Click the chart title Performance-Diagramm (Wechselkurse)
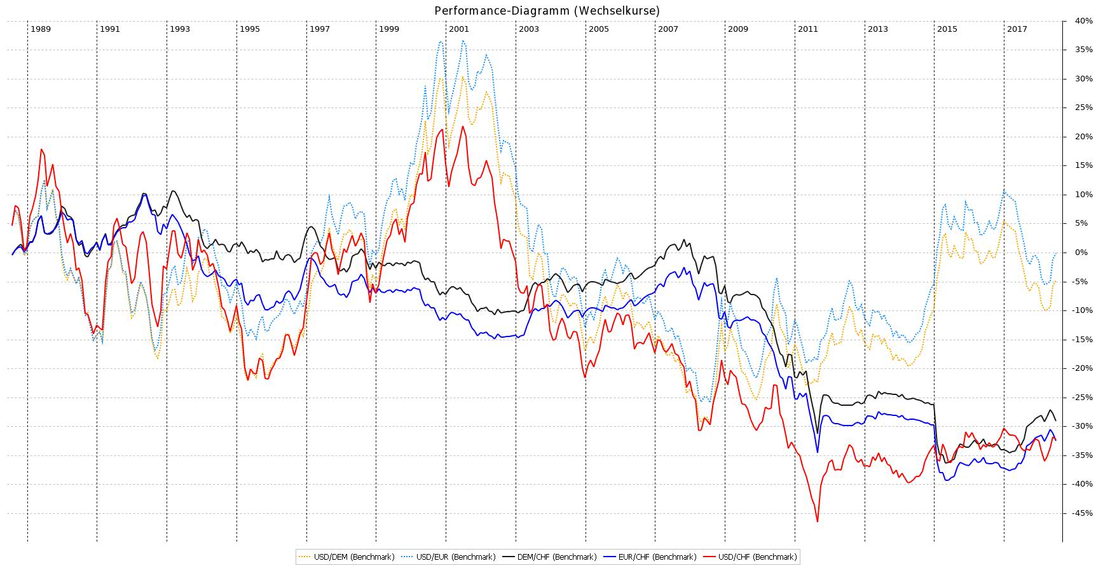click(x=547, y=11)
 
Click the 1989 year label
click(x=41, y=29)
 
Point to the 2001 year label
click(x=458, y=29)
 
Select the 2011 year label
click(x=808, y=29)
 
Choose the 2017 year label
click(x=1017, y=29)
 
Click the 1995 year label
click(x=250, y=29)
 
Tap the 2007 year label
click(x=668, y=29)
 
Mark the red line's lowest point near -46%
click(x=817, y=522)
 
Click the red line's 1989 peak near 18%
click(x=41, y=149)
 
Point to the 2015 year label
click(x=947, y=29)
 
